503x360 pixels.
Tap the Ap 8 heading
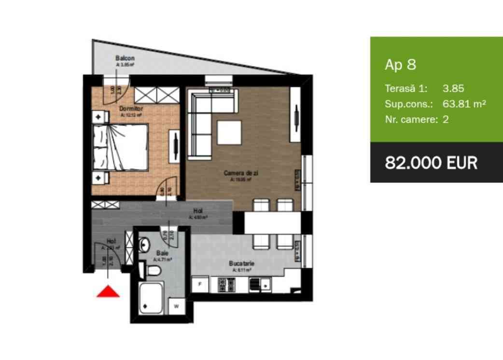[400, 65]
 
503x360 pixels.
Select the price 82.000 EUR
[431, 163]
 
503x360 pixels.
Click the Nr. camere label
[411, 119]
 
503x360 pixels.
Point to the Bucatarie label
[241, 264]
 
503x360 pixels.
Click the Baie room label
[162, 252]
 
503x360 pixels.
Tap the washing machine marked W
[176, 305]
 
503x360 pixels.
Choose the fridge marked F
[200, 284]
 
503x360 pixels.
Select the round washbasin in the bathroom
[144, 245]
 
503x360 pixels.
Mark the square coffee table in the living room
[229, 132]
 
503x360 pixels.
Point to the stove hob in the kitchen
[226, 285]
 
